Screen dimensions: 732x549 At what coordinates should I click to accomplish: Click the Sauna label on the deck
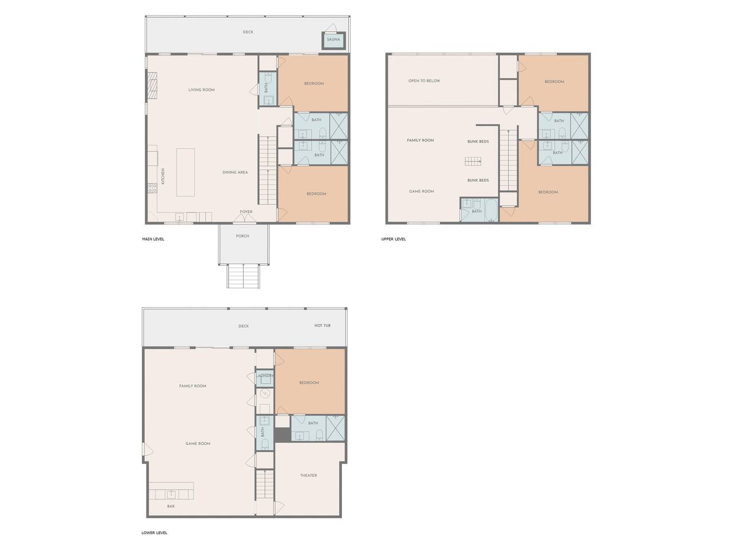tap(333, 39)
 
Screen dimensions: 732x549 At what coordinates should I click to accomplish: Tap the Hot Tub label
tap(322, 325)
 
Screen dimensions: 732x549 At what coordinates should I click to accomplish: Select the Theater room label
tap(308, 475)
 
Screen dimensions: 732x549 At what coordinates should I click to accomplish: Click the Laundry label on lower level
tap(264, 376)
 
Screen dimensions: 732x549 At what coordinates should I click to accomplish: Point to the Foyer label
tap(246, 212)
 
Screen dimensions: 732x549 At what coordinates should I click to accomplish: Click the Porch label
tap(242, 236)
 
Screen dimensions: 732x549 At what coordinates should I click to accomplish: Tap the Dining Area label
tap(235, 172)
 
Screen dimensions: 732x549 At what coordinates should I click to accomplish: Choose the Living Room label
tap(201, 90)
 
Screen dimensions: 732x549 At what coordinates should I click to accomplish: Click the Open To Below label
tap(424, 81)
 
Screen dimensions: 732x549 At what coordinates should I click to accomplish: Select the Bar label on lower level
tap(171, 506)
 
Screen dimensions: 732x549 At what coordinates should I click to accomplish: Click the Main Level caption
tap(153, 239)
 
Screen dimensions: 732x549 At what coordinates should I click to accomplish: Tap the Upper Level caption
tap(393, 239)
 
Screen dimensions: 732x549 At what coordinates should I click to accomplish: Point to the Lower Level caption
tap(154, 532)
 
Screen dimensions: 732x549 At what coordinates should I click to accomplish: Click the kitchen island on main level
tap(185, 172)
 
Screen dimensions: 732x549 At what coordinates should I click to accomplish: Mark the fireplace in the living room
tap(152, 86)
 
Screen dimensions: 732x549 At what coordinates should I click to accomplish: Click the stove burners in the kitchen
tap(152, 188)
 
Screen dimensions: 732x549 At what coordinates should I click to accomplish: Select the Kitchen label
tap(163, 176)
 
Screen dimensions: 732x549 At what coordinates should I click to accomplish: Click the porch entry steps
tap(244, 276)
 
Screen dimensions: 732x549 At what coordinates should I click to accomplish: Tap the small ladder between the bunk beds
tap(473, 162)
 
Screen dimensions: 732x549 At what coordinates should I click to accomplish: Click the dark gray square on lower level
tap(282, 435)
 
